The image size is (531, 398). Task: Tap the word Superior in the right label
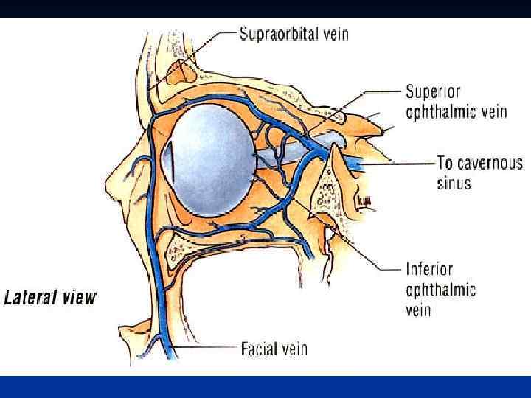point(433,92)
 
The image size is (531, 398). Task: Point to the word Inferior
point(429,270)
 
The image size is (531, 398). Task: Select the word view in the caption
point(80,298)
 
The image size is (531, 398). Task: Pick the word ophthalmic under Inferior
point(441,289)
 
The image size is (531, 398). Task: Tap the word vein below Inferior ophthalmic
point(418,309)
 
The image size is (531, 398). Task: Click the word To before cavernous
point(445,164)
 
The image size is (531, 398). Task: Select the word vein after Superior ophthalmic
point(493,111)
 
